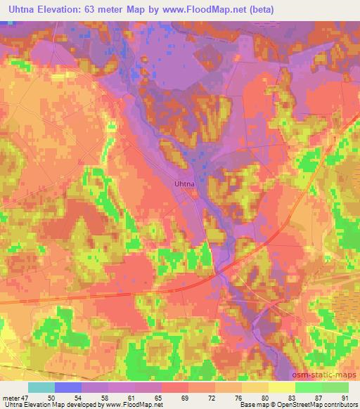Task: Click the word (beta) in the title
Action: (257, 10)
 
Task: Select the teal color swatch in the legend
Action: (41, 388)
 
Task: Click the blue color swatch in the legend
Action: (68, 388)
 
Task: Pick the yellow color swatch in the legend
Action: (281, 388)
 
